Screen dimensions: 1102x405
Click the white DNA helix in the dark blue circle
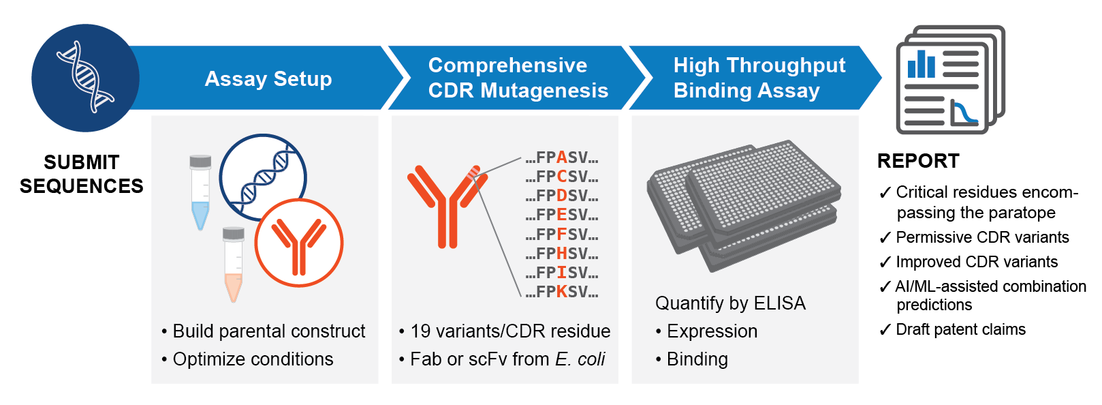pos(85,77)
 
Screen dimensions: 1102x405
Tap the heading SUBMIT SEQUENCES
pos(82,174)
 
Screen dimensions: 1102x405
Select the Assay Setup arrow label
pos(268,79)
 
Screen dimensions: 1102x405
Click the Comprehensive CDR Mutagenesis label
pos(518,78)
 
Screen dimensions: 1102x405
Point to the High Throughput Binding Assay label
pos(759,78)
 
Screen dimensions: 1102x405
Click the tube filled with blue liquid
pos(200,193)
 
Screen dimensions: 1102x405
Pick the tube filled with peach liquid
pos(233,265)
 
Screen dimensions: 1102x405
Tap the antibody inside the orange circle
pos(298,246)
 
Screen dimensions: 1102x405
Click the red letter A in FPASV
pos(562,157)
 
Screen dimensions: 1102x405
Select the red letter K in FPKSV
pos(562,292)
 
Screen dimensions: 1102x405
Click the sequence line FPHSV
pos(562,253)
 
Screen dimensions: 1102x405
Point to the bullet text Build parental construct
pos(268,331)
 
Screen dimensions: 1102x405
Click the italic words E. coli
pos(580,359)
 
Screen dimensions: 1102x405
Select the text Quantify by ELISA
pos(731,303)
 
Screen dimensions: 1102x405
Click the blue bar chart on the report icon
pos(921,65)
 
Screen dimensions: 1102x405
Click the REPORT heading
pos(918,161)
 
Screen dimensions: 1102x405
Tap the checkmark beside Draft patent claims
pos(885,329)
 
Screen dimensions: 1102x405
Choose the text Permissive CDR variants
pos(982,237)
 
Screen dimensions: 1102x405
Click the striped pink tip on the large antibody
pos(473,172)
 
